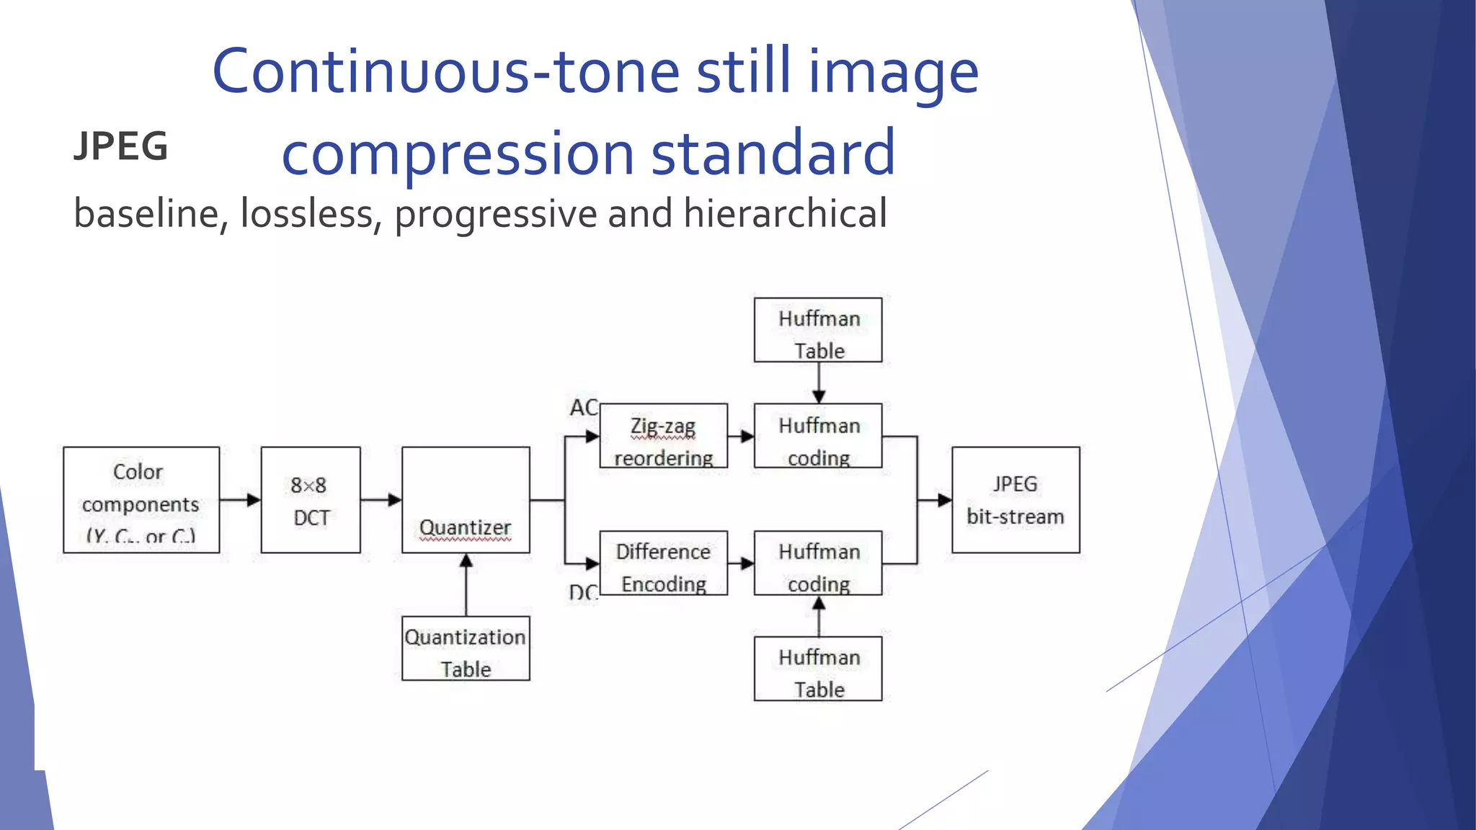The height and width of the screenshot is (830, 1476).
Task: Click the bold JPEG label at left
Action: click(121, 146)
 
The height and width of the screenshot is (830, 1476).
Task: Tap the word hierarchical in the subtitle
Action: click(785, 213)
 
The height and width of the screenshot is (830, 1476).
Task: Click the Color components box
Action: click(141, 500)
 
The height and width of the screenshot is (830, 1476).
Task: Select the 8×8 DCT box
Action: click(311, 500)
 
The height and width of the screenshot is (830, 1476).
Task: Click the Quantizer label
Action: click(465, 527)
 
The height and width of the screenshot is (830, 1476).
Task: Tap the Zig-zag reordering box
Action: click(663, 436)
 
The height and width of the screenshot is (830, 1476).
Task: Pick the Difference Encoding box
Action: click(663, 563)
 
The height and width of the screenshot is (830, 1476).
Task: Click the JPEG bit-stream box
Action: click(1015, 500)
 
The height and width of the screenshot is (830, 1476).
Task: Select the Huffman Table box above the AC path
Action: click(818, 330)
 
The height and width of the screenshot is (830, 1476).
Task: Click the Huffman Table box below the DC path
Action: click(818, 669)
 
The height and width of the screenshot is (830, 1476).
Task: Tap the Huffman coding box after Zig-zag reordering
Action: click(818, 436)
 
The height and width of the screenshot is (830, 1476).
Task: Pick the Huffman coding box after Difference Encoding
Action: click(818, 563)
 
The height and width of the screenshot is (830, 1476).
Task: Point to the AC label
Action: click(583, 408)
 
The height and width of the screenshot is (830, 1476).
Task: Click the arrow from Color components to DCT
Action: click(240, 499)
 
